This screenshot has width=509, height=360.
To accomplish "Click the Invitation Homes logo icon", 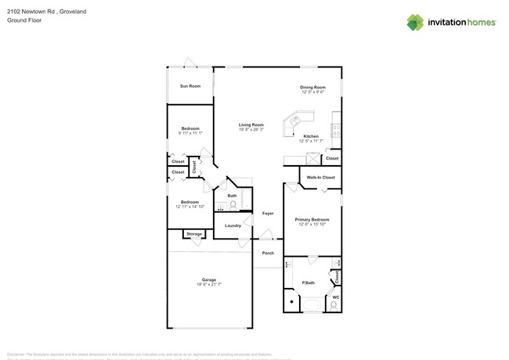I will click(415, 22).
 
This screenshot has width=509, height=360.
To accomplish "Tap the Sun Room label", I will click(190, 86).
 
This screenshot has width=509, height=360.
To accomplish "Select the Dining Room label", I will click(312, 87).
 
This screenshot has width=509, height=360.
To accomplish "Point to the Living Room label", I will click(251, 124).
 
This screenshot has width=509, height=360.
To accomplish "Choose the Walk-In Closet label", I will click(321, 178).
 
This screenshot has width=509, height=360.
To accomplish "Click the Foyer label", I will click(268, 213).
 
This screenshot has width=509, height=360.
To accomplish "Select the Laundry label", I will click(233, 225).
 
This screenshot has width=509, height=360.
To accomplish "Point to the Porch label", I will click(268, 253).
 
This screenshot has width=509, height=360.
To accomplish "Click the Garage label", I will click(209, 279).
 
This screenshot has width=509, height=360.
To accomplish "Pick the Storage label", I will click(194, 234).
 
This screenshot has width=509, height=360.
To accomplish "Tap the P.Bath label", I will click(308, 282).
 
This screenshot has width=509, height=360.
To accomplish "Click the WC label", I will click(335, 297).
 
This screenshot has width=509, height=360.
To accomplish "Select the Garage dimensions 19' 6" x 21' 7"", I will click(209, 284).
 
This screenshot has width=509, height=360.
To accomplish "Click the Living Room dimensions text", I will click(251, 129).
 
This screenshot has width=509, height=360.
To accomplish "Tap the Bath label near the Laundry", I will click(233, 196).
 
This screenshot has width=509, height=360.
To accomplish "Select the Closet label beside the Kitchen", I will click(332, 158).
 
